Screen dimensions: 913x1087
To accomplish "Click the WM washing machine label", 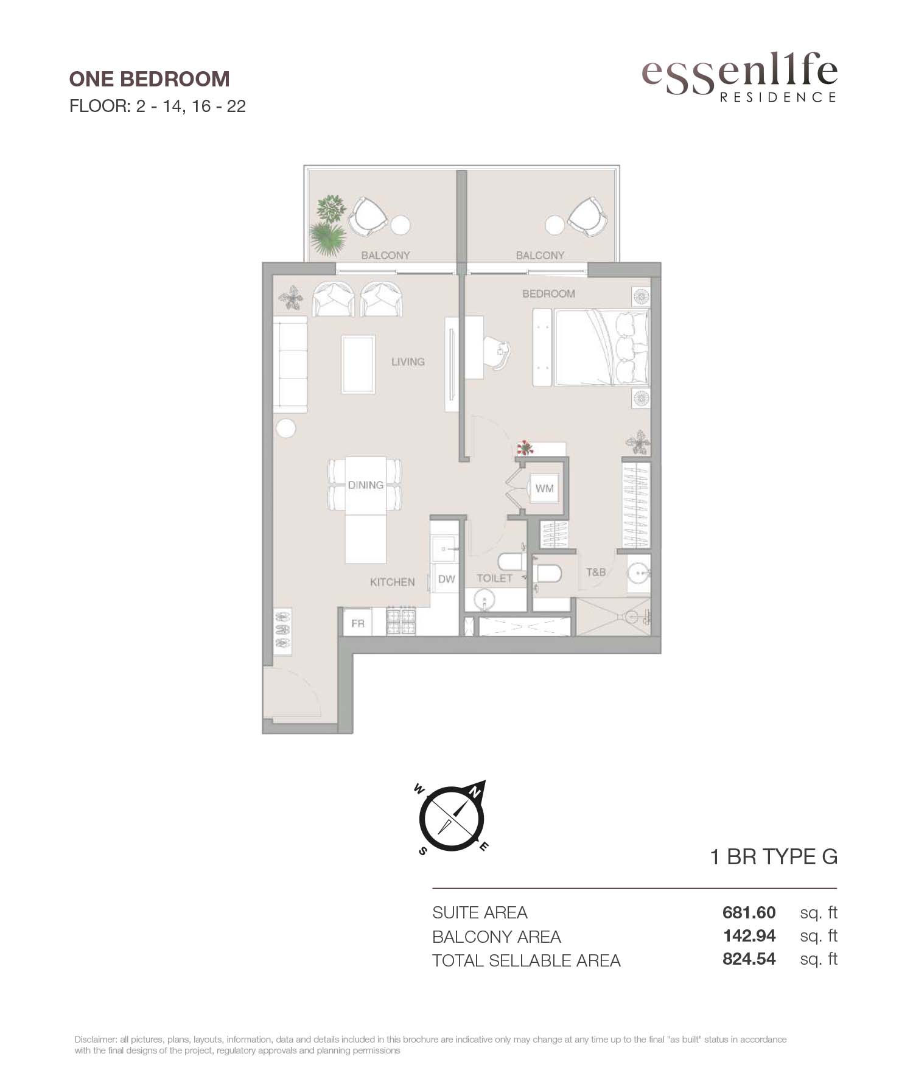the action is click(x=545, y=488).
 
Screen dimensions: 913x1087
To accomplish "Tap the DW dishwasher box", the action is click(x=446, y=579).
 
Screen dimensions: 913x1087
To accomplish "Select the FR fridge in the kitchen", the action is click(x=358, y=623).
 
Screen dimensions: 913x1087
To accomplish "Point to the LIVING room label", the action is click(x=408, y=362).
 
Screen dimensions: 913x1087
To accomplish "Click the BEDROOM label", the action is click(x=548, y=294).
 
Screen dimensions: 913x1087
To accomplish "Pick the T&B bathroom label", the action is click(x=596, y=572).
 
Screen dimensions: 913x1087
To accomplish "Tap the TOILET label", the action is click(x=494, y=578).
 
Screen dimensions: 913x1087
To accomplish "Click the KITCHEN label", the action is click(x=393, y=582).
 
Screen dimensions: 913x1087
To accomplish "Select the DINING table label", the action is click(x=366, y=485).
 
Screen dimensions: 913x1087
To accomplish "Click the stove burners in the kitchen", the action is click(x=401, y=623).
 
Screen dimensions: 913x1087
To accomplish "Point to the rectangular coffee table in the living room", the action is click(x=358, y=365).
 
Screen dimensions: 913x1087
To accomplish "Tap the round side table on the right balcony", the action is click(x=555, y=225).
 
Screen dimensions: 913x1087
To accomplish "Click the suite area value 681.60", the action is click(x=749, y=912).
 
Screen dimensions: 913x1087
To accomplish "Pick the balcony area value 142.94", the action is click(x=749, y=935).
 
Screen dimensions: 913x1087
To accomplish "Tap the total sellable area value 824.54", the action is click(x=749, y=959).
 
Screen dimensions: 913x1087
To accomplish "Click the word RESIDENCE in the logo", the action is click(x=778, y=97).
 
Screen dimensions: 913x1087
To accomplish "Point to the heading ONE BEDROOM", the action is click(x=150, y=79).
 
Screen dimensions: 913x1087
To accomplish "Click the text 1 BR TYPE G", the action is click(x=774, y=857).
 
